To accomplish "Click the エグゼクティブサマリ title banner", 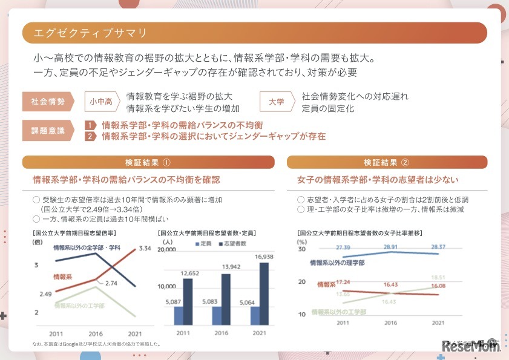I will click(x=254, y=33).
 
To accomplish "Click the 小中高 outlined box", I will click(x=101, y=102).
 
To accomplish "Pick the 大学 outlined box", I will click(x=276, y=102).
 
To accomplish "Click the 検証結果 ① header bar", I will click(x=148, y=162).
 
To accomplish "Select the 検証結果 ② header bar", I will click(x=387, y=162).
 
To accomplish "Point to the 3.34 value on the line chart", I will click(x=144, y=248).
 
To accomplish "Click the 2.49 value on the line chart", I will click(x=45, y=294).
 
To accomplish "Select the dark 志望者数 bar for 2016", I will click(x=226, y=299).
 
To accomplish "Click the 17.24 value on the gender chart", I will click(x=343, y=281).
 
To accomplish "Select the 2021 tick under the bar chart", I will click(x=259, y=333).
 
